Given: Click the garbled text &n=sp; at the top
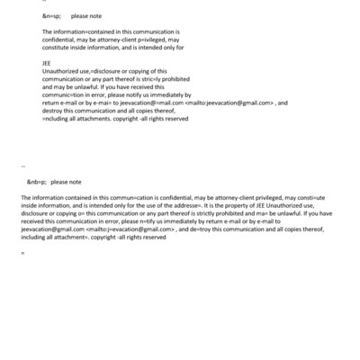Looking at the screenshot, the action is (x=51, y=16).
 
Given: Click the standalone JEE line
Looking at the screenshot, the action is (x=47, y=65).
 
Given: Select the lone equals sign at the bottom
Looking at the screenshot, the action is (x=22, y=252).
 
